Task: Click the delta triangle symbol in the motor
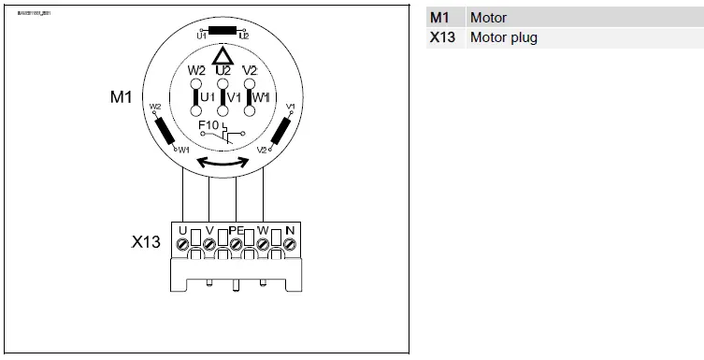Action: pos(223,55)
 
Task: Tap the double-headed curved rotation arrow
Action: pos(223,163)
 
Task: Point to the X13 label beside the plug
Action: pos(147,242)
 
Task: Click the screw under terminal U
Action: pos(183,245)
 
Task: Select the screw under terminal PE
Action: pos(237,245)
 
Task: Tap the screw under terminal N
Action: pos(290,245)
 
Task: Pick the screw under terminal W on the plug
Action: pos(263,245)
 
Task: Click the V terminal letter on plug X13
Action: pos(209,229)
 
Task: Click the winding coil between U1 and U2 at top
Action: pos(223,30)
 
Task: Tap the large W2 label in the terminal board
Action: pos(196,70)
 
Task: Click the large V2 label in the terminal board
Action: pos(250,70)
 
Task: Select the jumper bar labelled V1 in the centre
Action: pos(223,97)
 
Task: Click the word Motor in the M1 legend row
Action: pos(488,18)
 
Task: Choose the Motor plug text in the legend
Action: pos(503,38)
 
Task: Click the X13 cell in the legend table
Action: pos(443,38)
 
